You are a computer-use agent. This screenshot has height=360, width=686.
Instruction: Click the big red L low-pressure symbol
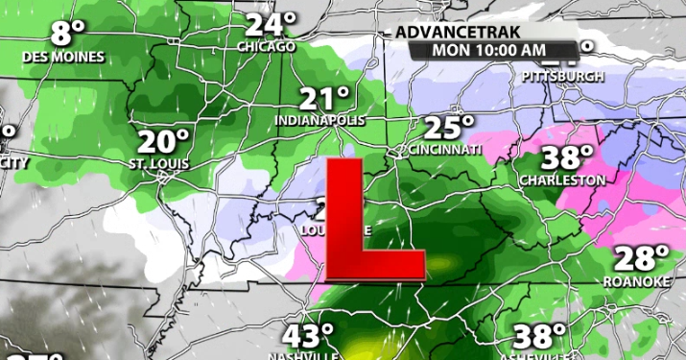pos(369,226)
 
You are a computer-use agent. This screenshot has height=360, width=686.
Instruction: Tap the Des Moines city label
pos(64,57)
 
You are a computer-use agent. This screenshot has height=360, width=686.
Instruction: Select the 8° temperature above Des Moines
pos(68,34)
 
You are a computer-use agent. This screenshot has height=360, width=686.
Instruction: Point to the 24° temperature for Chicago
pos(270,25)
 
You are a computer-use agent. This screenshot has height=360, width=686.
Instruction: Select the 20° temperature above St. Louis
pos(162,142)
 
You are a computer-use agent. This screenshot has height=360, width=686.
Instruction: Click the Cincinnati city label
pos(444,151)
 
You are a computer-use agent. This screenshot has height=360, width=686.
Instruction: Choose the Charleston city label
pos(562,180)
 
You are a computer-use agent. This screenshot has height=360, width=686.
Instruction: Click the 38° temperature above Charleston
pos(564,157)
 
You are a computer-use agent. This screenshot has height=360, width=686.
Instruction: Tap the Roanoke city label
pos(636,281)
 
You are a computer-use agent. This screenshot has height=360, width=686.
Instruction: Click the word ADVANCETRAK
pos(449,33)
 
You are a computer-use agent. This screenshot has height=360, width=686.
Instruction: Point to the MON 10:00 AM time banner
pos(489,50)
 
